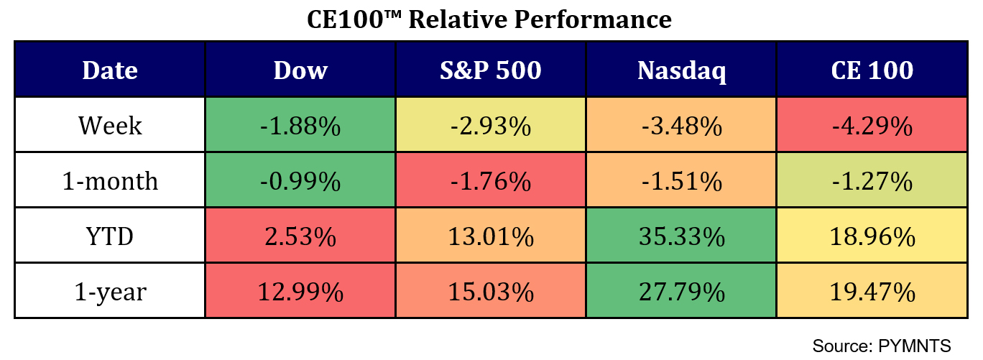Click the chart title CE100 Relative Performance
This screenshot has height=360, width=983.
click(489, 19)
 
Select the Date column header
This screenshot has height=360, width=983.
click(109, 70)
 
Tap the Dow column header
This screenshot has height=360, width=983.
click(300, 70)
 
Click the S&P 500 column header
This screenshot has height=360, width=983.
click(490, 70)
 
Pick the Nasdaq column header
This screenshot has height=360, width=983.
click(681, 70)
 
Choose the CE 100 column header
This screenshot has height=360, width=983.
click(872, 70)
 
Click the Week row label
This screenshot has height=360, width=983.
click(109, 126)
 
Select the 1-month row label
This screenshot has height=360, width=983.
click(109, 181)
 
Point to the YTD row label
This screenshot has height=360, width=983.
click(109, 236)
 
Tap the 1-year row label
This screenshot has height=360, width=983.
click(109, 292)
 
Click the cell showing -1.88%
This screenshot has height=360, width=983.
click(300, 126)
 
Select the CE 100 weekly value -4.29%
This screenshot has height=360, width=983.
click(872, 126)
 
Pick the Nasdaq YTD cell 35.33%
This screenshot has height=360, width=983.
click(681, 236)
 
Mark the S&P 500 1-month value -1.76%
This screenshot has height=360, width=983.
click(490, 181)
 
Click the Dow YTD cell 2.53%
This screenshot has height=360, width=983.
click(300, 236)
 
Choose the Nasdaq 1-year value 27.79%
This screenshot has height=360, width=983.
click(681, 292)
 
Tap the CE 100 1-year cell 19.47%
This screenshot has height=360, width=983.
click(872, 292)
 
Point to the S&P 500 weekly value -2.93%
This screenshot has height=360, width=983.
click(490, 126)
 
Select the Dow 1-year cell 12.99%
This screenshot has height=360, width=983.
click(300, 292)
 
